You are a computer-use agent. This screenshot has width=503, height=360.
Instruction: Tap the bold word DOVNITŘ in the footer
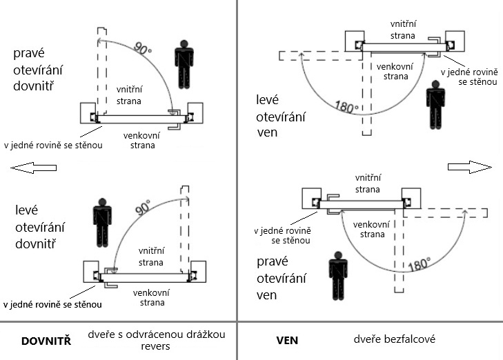tap(47, 341)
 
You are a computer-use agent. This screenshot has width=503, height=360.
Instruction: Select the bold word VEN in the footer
tap(286, 341)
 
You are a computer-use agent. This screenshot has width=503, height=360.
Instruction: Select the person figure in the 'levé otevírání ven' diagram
tap(435, 104)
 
